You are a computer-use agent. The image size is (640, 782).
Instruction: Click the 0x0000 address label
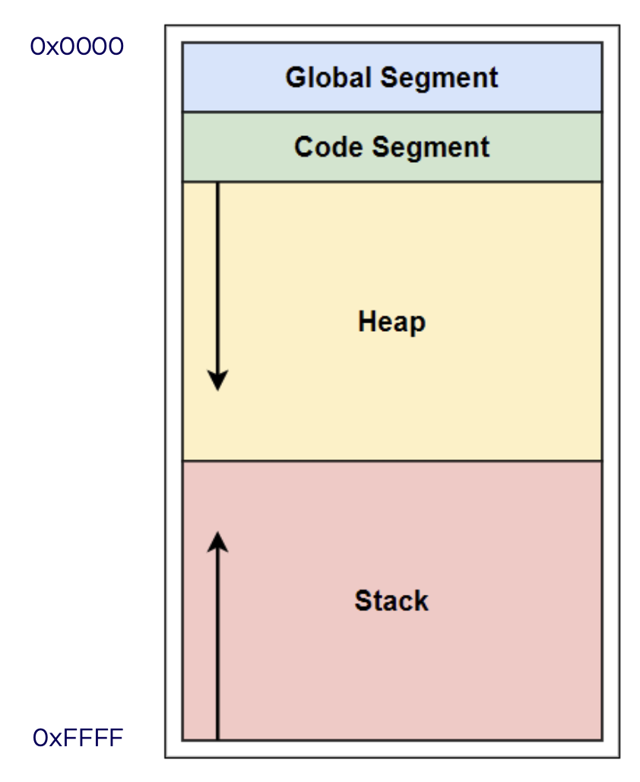[x=77, y=46]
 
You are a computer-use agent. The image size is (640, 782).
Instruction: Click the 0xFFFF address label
[x=78, y=738]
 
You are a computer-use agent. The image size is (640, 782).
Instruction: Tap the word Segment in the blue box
[x=439, y=79]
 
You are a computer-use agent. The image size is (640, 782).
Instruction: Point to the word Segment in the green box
[x=431, y=148]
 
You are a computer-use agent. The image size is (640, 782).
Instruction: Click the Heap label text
[x=391, y=323]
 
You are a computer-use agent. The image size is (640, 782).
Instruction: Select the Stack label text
[x=391, y=600]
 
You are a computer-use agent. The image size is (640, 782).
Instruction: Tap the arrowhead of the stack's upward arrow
[x=218, y=542]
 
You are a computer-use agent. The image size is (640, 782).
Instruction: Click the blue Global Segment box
[x=392, y=78]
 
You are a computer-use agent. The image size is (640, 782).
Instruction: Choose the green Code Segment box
[x=392, y=147]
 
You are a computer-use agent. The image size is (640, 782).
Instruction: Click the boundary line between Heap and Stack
[x=392, y=461]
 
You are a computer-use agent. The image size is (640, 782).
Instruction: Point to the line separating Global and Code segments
[x=392, y=113]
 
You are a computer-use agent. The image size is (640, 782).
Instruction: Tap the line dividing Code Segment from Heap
[x=392, y=182]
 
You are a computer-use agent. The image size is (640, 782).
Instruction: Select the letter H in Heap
[x=366, y=321]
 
